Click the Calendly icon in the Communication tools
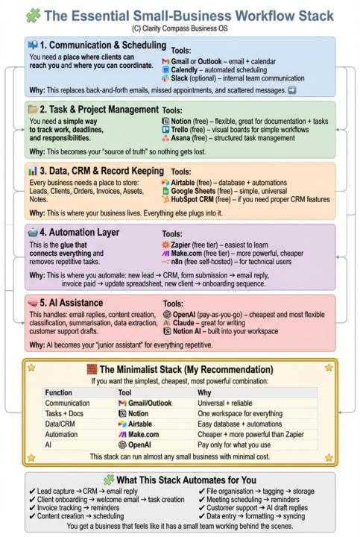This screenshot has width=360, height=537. pos(165,68)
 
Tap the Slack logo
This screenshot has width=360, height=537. pos(165,77)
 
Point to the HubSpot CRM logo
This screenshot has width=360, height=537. pos(165,200)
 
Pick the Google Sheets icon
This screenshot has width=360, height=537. pos(165,191)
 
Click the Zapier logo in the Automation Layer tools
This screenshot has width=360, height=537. pos(165,244)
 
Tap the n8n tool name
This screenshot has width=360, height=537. pos(180,262)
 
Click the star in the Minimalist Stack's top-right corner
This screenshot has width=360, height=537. pos(329,368)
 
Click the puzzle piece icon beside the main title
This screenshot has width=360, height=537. pos(34,13)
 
